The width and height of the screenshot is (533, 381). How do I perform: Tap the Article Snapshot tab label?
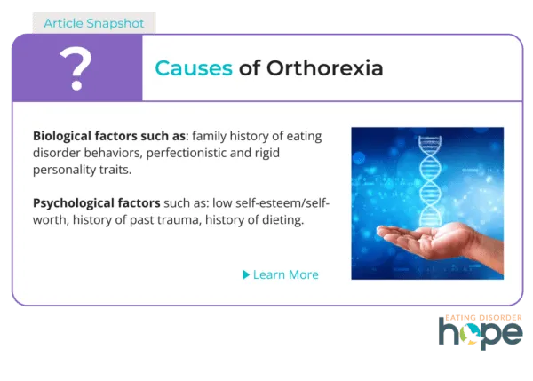pos(93,20)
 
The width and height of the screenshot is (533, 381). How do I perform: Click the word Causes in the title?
pos(193,68)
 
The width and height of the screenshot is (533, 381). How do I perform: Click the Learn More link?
pos(285,274)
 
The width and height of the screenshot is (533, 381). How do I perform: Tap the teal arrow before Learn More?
pos(246,274)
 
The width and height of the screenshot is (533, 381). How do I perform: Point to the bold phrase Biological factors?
pos(84,136)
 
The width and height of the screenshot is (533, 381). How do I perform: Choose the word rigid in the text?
pos(288,153)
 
